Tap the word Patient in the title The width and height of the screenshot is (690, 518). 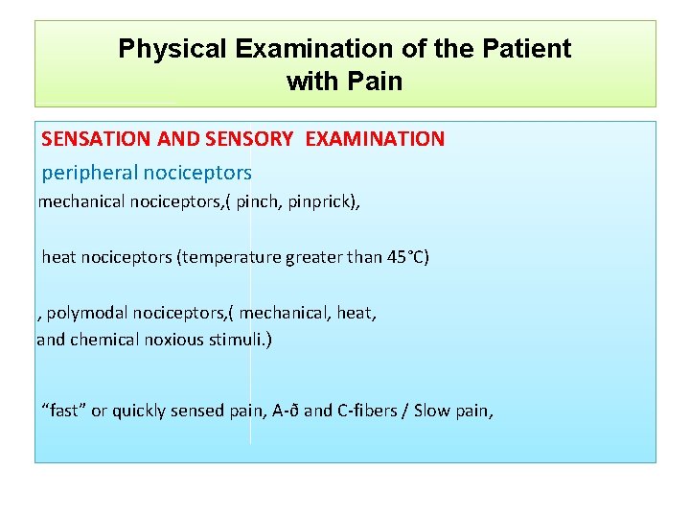pos(530,49)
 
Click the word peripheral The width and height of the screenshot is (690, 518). pos(90,174)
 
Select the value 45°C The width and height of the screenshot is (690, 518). pos(403,258)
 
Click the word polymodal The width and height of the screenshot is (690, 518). pos(87,314)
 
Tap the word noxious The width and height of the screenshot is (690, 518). pos(173,340)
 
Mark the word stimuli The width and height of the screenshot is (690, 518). pos(240,340)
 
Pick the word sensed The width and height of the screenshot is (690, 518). pos(199,412)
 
